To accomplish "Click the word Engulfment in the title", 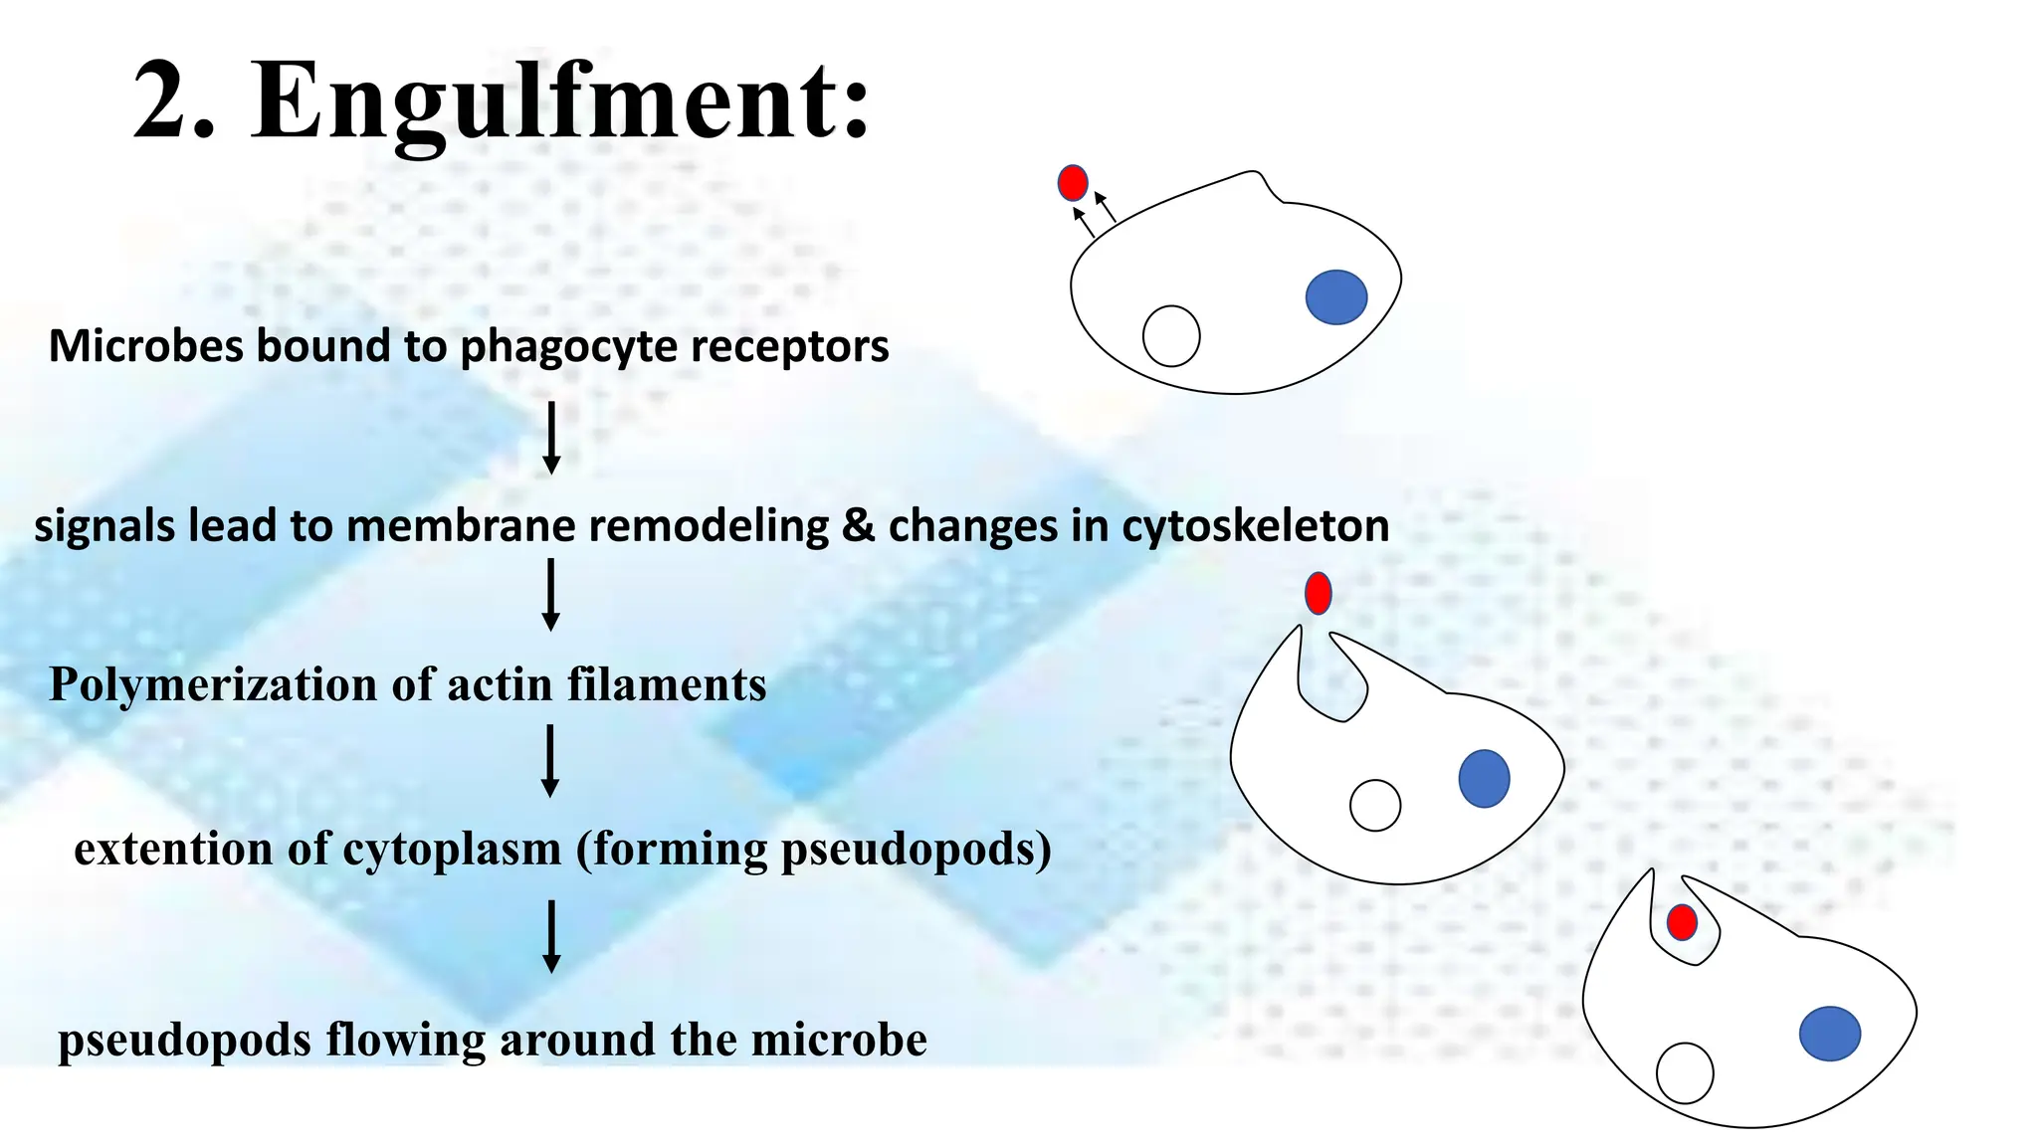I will [561, 101].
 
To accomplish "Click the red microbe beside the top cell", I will [1072, 183].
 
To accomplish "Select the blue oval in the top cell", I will [1335, 297].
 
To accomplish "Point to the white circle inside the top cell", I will [1171, 336].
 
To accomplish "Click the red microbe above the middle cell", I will [1318, 593].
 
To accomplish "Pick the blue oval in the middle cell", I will [1484, 778].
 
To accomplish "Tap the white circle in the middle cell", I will [1375, 805].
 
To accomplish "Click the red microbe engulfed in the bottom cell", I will [1682, 922].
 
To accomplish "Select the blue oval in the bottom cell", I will [1829, 1034].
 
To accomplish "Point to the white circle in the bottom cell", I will [1685, 1072].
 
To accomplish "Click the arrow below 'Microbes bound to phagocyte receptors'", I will [551, 438].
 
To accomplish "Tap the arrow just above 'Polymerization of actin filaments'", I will [550, 595].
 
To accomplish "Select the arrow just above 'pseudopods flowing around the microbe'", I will [551, 936].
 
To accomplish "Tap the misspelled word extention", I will [172, 849].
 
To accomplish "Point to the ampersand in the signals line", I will [858, 525].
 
